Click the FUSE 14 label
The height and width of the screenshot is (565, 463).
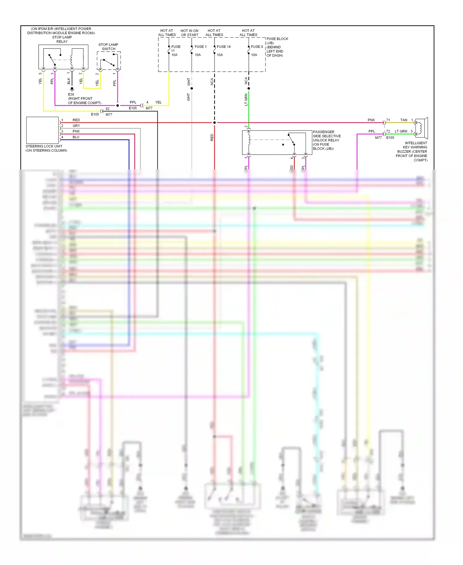(x=223, y=47)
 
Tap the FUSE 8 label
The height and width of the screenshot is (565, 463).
(x=257, y=47)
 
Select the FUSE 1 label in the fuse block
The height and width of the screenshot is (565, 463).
(x=200, y=47)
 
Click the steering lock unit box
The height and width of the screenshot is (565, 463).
(x=42, y=130)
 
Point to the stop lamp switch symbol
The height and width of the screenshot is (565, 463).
(x=109, y=61)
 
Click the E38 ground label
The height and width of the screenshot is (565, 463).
(x=71, y=94)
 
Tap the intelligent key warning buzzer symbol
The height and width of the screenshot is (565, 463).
(x=421, y=128)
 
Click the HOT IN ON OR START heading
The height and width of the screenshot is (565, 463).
(x=190, y=33)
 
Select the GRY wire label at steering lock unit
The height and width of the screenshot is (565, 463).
(x=76, y=126)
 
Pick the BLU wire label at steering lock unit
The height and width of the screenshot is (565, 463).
(x=76, y=137)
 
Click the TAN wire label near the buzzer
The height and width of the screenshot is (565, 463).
(x=403, y=120)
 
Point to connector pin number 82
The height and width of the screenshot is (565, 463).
(x=107, y=109)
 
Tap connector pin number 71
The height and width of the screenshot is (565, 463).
(x=388, y=120)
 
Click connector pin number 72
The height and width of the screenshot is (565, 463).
(x=388, y=131)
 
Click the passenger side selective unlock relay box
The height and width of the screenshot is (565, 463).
(x=277, y=142)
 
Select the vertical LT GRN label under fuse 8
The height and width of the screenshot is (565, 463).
(x=246, y=100)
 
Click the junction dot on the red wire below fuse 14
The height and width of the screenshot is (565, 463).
(x=215, y=123)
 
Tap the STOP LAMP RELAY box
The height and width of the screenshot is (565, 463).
(x=63, y=57)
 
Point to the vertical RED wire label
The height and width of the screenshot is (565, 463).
(x=212, y=137)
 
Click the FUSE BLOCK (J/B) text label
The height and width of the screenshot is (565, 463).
(x=277, y=41)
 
